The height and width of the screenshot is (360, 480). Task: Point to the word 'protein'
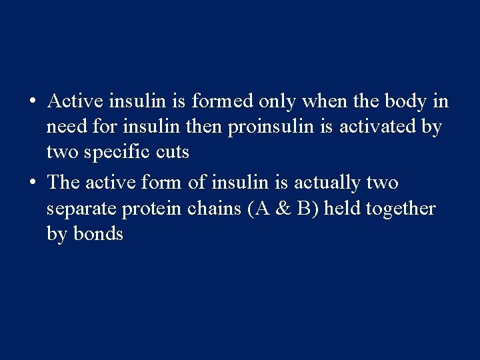click(x=150, y=209)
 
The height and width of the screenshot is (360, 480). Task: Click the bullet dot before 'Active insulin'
click(x=31, y=103)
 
